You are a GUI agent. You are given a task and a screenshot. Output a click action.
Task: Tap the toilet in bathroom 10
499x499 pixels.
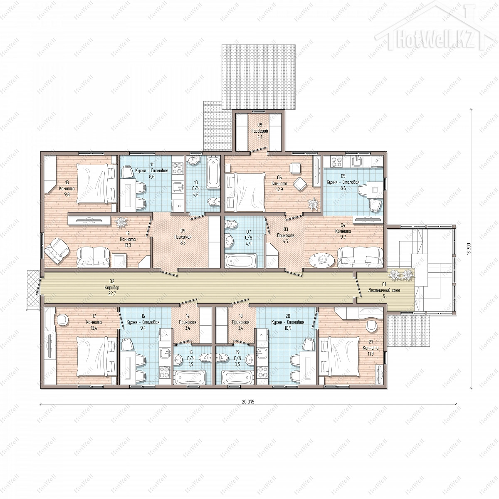point(214,201)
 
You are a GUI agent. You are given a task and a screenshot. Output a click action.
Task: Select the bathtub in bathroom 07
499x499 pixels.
point(241,260)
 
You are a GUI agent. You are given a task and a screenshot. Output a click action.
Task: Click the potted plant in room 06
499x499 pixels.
point(314,203)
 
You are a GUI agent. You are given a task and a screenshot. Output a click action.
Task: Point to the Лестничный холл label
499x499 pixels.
point(384,290)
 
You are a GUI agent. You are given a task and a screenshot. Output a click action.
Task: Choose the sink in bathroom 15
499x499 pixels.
point(178,359)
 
